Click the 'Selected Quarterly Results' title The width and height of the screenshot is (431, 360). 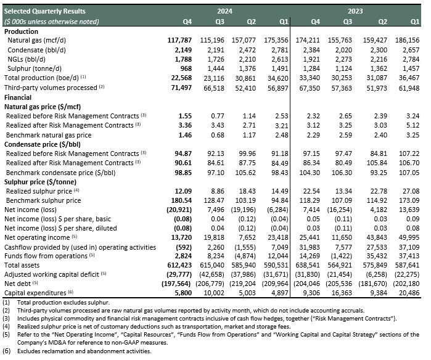(45, 11)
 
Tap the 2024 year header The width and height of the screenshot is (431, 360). (224, 11)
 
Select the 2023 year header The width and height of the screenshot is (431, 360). (355, 11)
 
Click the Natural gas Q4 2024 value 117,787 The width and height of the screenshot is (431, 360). (179, 40)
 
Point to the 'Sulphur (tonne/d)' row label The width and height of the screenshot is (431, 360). (35, 68)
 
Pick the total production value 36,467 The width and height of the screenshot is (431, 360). (409, 78)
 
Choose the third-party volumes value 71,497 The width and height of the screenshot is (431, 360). (181, 88)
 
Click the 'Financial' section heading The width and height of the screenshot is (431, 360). (18, 97)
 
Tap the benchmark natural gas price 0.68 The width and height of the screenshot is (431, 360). (218, 135)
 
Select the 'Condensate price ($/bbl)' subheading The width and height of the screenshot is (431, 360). (43, 144)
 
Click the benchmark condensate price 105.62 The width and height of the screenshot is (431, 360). (245, 173)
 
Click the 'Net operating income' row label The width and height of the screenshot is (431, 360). (37, 237)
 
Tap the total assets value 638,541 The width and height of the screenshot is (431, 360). (308, 265)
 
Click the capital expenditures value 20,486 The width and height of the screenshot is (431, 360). (409, 293)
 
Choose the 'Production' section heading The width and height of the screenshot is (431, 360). (21, 31)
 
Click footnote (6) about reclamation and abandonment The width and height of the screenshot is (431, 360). (77, 351)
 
